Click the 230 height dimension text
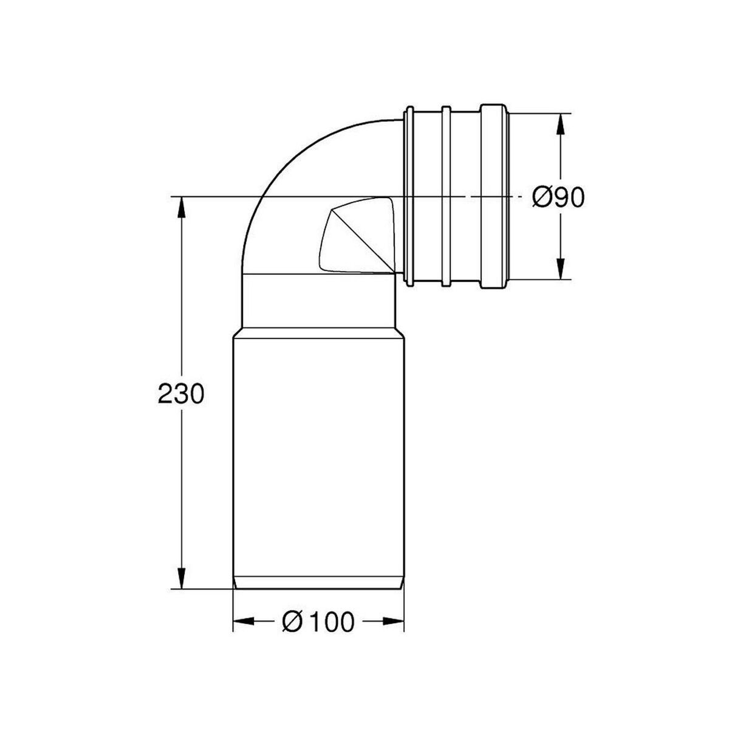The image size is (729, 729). (179, 395)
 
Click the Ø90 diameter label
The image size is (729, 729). (558, 197)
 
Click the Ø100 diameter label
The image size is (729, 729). (318, 621)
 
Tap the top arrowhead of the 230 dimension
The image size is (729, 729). (180, 207)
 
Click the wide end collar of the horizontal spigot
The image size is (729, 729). (493, 196)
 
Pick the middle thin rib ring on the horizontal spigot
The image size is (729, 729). (446, 196)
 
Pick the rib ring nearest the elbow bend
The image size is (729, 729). (409, 196)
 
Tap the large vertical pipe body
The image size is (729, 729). (319, 450)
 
